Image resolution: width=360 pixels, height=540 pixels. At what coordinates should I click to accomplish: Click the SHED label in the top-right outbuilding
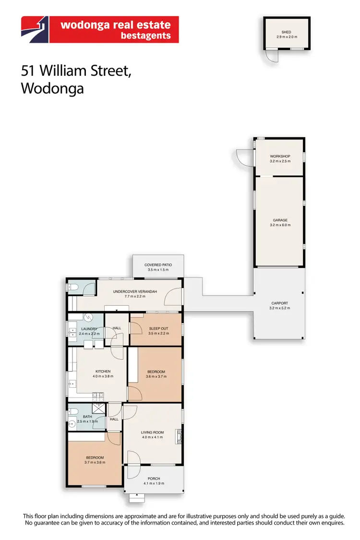(287, 32)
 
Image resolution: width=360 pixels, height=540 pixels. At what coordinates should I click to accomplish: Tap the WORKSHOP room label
(280, 156)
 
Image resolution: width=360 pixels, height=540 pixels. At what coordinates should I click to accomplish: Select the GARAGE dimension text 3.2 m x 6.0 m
(280, 225)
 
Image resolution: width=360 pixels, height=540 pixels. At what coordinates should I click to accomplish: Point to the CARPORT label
(280, 303)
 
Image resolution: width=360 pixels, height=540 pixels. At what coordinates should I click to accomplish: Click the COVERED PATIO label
(158, 265)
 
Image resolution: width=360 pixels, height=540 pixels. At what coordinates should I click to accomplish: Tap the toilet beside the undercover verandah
(73, 288)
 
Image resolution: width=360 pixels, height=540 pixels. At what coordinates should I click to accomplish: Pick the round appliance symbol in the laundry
(89, 317)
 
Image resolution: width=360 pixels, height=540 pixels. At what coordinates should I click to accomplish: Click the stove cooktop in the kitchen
(98, 396)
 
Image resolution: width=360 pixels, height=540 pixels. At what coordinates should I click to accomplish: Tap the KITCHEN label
(103, 372)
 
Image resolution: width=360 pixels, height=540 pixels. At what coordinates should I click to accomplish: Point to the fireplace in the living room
(179, 436)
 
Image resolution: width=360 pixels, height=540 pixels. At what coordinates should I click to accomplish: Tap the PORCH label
(154, 479)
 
